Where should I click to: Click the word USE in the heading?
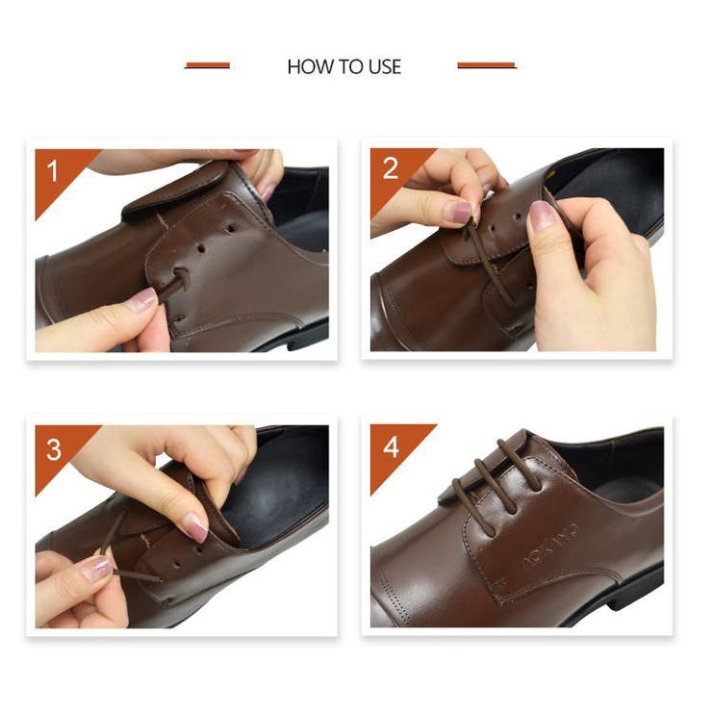(x=385, y=66)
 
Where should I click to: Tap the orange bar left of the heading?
(x=207, y=65)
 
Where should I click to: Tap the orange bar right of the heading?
(x=487, y=65)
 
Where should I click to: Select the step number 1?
(x=53, y=170)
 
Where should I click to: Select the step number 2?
(x=391, y=169)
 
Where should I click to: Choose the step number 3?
(x=54, y=449)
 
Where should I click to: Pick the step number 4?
(x=391, y=447)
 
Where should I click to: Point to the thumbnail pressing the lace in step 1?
(x=144, y=297)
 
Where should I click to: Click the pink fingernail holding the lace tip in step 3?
(x=98, y=568)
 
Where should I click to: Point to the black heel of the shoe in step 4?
(x=636, y=591)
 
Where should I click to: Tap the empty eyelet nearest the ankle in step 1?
(x=231, y=227)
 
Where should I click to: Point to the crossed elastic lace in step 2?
(x=488, y=261)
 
